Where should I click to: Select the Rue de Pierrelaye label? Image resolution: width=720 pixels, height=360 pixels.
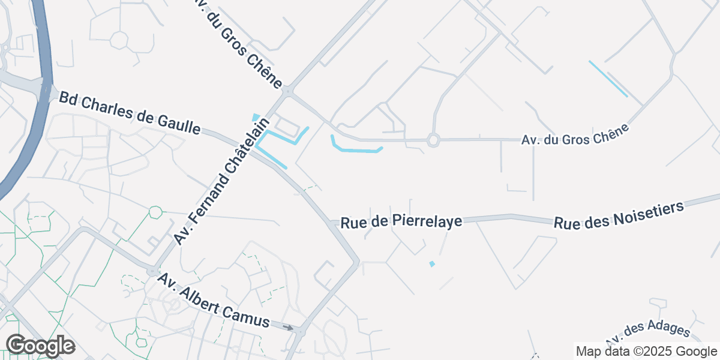pyautogui.click(x=401, y=222)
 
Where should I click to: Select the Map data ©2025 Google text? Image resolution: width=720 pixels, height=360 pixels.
pyautogui.click(x=646, y=351)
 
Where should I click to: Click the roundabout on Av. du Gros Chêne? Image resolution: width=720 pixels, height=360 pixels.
pyautogui.click(x=433, y=140)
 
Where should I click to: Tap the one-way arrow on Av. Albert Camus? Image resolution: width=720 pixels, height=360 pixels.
pyautogui.click(x=289, y=328)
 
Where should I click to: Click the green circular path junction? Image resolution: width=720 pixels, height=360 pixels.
pyautogui.click(x=155, y=212)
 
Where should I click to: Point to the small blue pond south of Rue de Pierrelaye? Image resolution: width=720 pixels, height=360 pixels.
pyautogui.click(x=432, y=264)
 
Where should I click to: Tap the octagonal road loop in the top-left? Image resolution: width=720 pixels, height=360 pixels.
pyautogui.click(x=119, y=40)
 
